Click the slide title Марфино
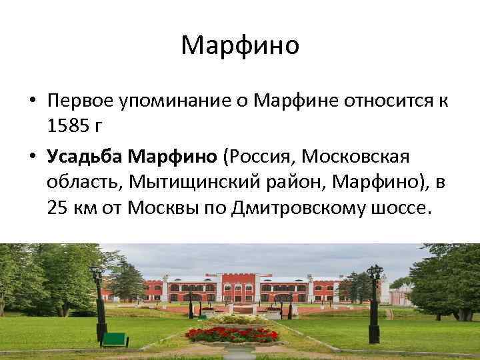240,46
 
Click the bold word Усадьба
85,157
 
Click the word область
83,183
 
